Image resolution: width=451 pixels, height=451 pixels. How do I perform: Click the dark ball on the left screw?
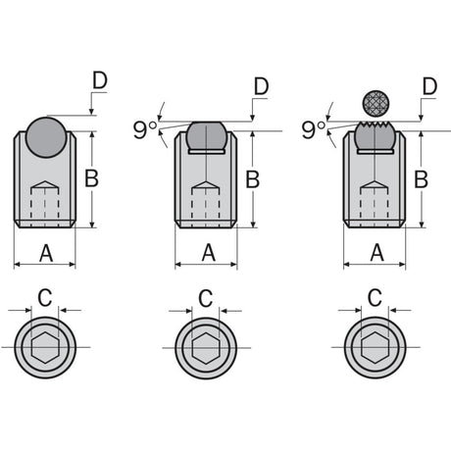coord(46,137)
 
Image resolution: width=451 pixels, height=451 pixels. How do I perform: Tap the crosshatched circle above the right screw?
coord(376,103)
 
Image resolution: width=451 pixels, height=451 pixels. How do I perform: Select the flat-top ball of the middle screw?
coord(206,137)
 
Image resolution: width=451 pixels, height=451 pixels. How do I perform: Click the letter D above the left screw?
coord(100,80)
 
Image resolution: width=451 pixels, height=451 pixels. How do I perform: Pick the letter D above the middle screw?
coord(261,86)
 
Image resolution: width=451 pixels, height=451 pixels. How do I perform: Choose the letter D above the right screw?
coord(429,86)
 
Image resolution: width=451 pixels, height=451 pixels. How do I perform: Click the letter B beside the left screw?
coord(91,178)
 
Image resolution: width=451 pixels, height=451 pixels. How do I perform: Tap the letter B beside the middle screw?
coord(253,179)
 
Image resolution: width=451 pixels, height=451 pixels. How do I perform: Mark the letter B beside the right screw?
coord(421,179)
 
